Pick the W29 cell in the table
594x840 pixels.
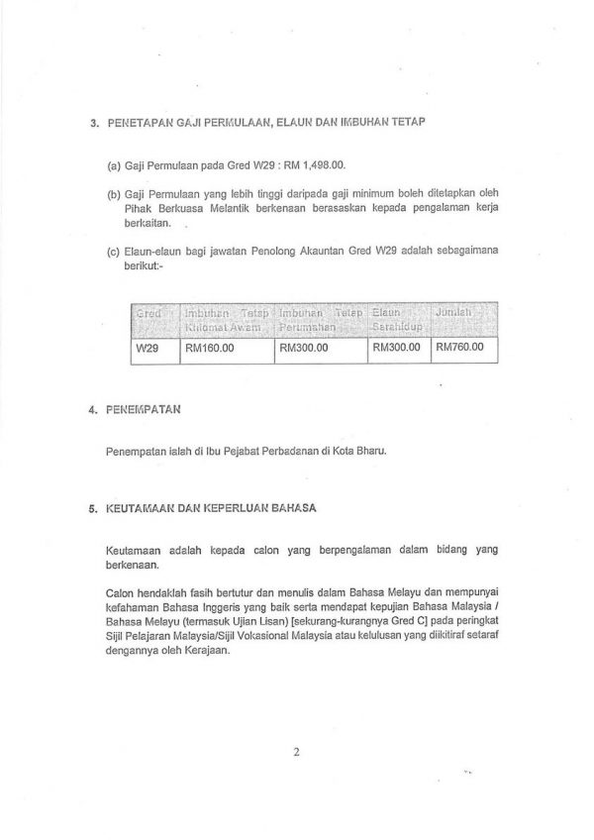[x=147, y=349]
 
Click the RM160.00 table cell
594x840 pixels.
[x=209, y=349]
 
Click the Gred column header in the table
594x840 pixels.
[x=149, y=315]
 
